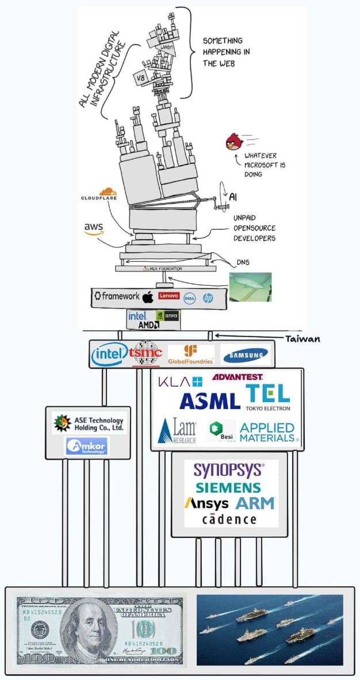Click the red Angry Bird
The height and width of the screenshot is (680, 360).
click(233, 142)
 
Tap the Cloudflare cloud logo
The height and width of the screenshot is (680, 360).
click(107, 192)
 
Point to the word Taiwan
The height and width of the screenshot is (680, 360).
click(302, 339)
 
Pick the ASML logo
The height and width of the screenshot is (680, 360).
click(209, 400)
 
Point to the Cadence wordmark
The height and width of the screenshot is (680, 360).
click(229, 519)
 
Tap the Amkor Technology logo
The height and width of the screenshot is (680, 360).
click(87, 446)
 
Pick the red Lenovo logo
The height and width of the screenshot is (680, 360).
click(169, 296)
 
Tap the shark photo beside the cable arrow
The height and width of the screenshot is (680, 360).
click(250, 286)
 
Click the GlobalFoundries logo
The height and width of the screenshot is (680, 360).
click(190, 355)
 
